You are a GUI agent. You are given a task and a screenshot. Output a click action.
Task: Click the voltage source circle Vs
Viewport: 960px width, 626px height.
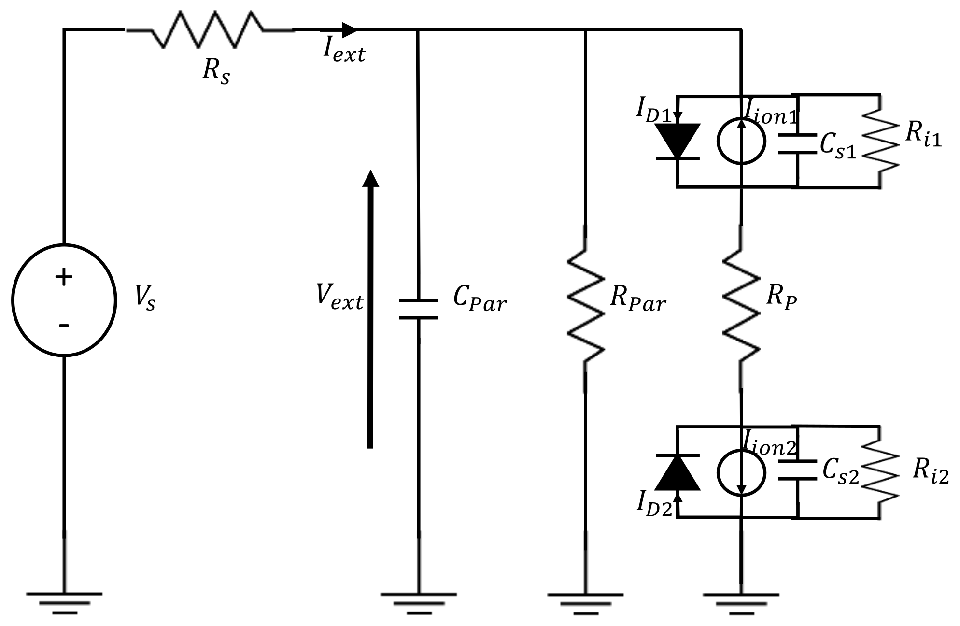(x=64, y=300)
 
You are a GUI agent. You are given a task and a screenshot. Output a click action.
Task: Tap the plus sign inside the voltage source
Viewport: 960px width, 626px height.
(x=64, y=277)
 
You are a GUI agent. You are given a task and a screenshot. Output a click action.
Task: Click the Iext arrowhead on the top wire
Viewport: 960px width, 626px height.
(x=349, y=29)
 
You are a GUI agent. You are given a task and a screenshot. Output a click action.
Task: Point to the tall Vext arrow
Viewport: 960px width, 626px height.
(x=370, y=309)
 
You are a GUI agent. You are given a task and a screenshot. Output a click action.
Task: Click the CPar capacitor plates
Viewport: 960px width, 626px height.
(x=418, y=309)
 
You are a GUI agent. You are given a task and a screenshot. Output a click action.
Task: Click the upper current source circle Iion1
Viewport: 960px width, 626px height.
(x=741, y=141)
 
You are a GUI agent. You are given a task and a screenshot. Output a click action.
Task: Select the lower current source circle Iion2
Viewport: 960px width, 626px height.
(x=741, y=472)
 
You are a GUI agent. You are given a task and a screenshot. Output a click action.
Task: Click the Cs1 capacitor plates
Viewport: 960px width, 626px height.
(x=797, y=143)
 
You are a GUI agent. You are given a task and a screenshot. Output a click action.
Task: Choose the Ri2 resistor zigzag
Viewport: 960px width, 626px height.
(x=880, y=472)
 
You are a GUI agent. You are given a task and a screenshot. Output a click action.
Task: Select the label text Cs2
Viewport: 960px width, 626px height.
(x=841, y=470)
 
